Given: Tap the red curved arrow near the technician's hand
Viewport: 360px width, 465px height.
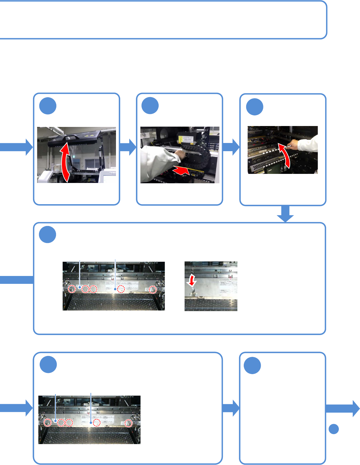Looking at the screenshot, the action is point(284,154).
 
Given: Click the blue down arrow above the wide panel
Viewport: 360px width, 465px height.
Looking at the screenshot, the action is point(285,214).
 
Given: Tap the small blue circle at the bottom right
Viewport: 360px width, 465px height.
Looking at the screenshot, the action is point(334,429).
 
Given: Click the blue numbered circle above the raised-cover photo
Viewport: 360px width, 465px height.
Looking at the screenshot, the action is point(48,106).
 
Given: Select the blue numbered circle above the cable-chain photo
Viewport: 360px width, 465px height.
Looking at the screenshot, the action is point(150,106).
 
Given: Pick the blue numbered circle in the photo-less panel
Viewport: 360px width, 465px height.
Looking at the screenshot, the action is point(253,365).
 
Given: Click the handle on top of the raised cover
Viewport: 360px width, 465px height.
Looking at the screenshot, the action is point(70,138).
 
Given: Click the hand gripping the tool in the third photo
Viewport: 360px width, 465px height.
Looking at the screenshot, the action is point(292,145).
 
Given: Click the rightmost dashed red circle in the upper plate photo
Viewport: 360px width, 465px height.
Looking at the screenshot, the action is point(154,290).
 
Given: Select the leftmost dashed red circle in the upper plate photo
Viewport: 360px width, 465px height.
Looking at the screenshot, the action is point(72,289).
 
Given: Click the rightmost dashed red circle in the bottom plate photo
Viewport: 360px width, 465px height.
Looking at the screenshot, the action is point(129,423).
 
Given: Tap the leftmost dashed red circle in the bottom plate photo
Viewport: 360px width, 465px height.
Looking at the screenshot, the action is point(47,423).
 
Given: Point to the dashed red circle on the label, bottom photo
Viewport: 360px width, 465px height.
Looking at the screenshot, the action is point(96,423).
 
